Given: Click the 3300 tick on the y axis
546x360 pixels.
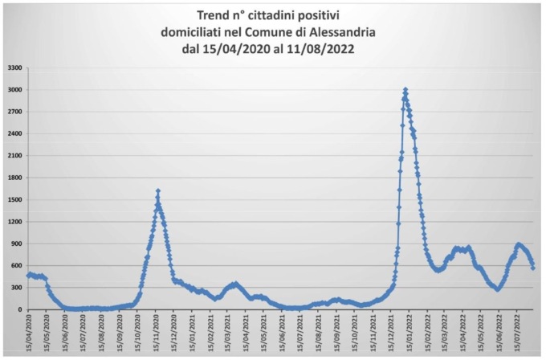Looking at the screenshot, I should (x=14, y=68).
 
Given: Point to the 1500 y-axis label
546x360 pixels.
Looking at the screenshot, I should (x=14, y=200).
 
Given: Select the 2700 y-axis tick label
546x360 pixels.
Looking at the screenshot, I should (x=14, y=112).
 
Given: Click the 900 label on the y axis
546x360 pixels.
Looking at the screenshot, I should (x=17, y=243).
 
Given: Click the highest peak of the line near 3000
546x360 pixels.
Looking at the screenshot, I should (x=405, y=89).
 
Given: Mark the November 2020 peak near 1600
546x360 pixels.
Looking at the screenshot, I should (x=158, y=190).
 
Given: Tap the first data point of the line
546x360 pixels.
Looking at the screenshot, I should (x=28, y=276).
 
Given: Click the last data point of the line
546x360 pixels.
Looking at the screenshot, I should (x=532, y=267).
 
